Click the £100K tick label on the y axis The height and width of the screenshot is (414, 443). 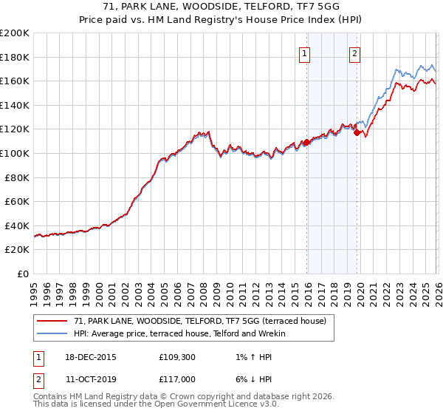(15, 153)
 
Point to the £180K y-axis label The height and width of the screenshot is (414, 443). (15, 57)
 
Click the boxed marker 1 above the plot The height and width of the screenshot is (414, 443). (305, 52)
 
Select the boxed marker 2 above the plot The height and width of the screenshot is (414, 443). (355, 52)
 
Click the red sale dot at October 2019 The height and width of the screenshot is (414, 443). (357, 133)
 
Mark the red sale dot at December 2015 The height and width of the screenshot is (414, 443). (306, 142)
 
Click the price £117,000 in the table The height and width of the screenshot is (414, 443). (177, 380)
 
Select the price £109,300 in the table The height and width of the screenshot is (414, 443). (177, 356)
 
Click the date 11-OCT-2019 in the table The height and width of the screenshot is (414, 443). (89, 380)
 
